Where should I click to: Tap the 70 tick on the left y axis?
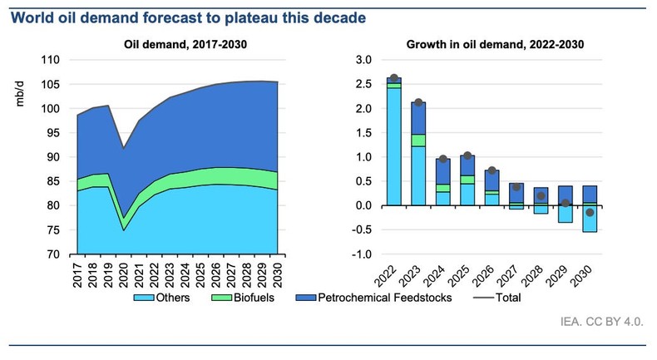[x=54, y=254]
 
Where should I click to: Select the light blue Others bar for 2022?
[x=394, y=145]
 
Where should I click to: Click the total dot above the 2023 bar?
[x=418, y=103]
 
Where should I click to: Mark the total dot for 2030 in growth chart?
[x=590, y=213]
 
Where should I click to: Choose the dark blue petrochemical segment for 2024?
[x=443, y=171]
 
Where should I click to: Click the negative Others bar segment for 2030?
[x=590, y=219]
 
